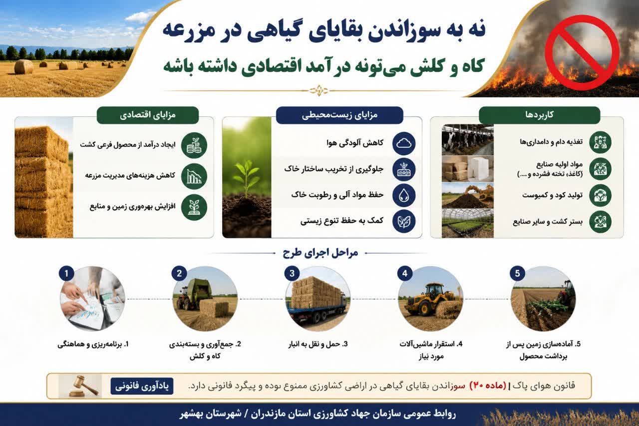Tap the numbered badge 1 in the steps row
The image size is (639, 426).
coord(66,273)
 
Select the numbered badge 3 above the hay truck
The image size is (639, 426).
coord(292,273)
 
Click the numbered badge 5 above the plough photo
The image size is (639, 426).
coord(518,273)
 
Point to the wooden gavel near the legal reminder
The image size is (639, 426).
coord(82,386)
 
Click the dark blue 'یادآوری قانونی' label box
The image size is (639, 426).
coord(142,386)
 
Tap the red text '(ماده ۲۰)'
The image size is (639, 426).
coord(488,386)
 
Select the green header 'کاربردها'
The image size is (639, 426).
coord(540,115)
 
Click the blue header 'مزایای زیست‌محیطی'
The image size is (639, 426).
coord(339,115)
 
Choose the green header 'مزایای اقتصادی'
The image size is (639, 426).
coord(148,115)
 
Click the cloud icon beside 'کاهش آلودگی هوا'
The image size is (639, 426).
coord(404,143)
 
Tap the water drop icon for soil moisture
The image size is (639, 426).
coord(404,195)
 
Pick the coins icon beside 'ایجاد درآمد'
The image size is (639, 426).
coord(194,145)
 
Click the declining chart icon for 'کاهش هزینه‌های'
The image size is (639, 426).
coord(194,176)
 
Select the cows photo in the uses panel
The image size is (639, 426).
coord(468,140)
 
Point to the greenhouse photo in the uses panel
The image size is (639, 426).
coord(468,223)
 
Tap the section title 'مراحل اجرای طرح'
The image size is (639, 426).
coord(320,253)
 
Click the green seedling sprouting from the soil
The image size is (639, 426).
coord(246,178)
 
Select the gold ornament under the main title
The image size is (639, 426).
coord(319,91)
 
